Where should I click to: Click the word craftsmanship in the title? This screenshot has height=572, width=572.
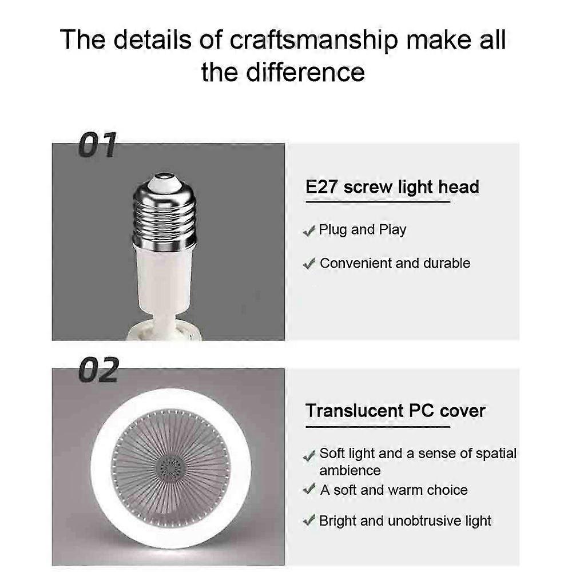pos(313,40)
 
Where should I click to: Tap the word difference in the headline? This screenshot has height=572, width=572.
pos(305,72)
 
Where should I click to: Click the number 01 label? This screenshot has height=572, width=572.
pos(97,145)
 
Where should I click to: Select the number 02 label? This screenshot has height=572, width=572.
pos(99,370)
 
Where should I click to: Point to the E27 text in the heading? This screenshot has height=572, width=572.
pos(321,187)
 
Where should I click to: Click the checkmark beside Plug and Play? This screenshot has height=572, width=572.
pos(309,231)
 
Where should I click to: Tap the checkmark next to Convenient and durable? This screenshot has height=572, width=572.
pos(309,264)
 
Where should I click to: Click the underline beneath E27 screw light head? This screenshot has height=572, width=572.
pos(378,202)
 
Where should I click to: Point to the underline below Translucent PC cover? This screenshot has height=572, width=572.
pos(378,427)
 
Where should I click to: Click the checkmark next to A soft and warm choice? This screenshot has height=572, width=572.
pos(309,489)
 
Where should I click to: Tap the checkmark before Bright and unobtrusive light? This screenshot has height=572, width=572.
pos(309,521)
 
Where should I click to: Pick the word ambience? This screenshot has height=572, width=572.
pos(350,471)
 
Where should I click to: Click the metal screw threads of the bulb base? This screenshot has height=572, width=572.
pos(164,216)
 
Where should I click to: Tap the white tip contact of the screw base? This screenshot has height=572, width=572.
pos(165,181)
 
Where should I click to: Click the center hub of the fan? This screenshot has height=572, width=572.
pos(170,468)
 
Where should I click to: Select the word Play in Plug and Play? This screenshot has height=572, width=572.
pos(392,230)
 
